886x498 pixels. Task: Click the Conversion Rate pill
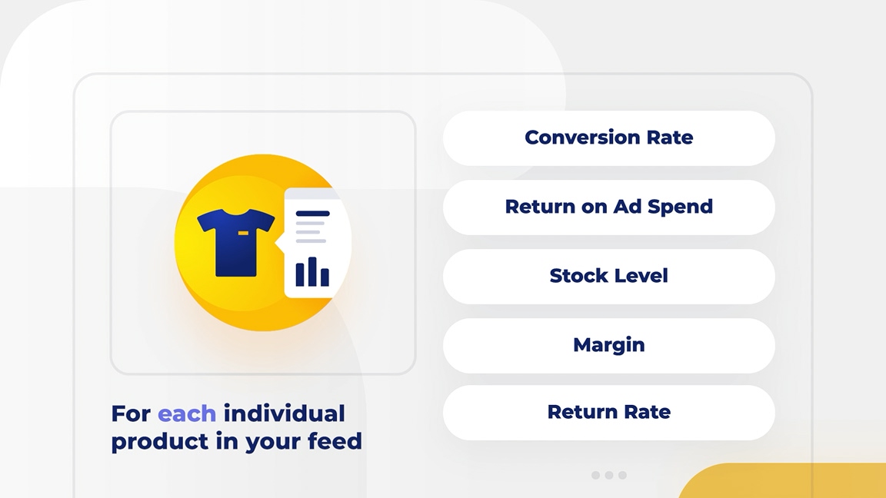click(608, 138)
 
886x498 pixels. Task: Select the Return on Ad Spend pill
click(608, 207)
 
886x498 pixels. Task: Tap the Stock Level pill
click(608, 277)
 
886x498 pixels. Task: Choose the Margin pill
click(608, 346)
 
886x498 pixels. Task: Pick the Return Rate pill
click(608, 413)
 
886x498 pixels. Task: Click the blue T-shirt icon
click(235, 243)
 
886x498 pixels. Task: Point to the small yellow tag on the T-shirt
click(243, 233)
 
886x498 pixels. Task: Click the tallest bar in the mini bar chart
click(312, 271)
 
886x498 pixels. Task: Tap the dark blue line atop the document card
click(312, 214)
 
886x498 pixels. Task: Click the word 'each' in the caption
click(186, 414)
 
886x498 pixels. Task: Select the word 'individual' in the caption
click(285, 413)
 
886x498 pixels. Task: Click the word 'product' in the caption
click(159, 442)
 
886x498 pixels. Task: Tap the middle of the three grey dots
click(609, 476)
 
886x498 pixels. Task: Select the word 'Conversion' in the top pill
click(574, 138)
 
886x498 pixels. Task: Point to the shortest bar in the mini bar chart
click(325, 277)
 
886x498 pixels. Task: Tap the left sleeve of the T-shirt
click(205, 221)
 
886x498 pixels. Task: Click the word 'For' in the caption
click(131, 414)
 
